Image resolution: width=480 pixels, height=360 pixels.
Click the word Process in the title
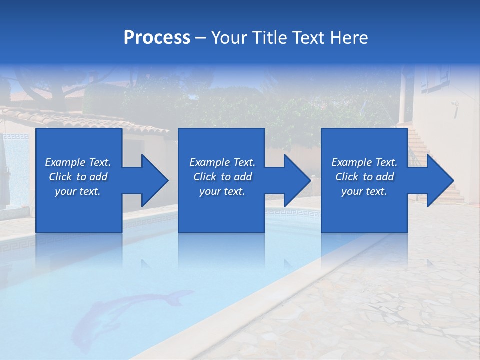[x=157, y=38]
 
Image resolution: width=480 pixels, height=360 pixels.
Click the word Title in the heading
[x=269, y=38]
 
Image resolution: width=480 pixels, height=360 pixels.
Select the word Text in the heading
[x=308, y=38]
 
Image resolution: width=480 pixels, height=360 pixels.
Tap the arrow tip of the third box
[x=452, y=180]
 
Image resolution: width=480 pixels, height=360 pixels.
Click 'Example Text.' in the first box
[x=78, y=162]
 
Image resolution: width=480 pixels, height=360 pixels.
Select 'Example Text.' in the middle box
[x=222, y=162]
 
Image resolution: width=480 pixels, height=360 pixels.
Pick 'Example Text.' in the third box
[x=364, y=162]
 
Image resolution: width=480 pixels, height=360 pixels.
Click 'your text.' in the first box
[x=78, y=191]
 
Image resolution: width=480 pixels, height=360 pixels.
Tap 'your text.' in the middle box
[x=222, y=191]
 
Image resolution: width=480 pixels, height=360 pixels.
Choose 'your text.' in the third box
[x=364, y=191]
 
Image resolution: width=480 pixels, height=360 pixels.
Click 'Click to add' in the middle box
[x=222, y=177]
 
